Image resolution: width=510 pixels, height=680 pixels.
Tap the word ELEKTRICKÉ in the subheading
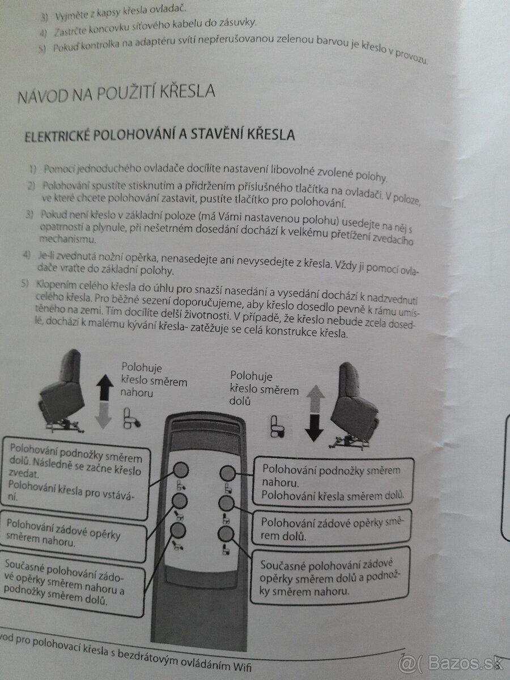[57, 137]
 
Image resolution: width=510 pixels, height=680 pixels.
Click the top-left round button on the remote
[181, 469]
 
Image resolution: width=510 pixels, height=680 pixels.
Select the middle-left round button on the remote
[180, 500]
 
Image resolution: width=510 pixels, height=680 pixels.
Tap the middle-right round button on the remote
[226, 503]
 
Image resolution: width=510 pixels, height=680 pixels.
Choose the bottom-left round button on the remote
[178, 530]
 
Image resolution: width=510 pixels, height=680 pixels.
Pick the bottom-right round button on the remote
[226, 534]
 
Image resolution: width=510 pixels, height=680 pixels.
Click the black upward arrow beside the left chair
[105, 387]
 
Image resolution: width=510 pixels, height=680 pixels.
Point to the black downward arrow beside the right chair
[314, 428]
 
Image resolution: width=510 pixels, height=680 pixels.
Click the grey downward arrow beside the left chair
[103, 415]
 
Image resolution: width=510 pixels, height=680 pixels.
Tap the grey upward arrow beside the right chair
[315, 399]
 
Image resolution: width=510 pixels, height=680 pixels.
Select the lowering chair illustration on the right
[354, 406]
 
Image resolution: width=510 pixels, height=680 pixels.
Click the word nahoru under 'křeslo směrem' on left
[137, 393]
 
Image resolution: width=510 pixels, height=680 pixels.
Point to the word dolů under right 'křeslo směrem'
[240, 401]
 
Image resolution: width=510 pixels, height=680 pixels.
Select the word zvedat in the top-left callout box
[24, 473]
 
